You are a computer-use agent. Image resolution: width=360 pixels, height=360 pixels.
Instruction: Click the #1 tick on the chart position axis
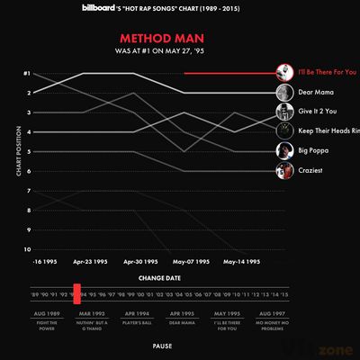coord(28,73)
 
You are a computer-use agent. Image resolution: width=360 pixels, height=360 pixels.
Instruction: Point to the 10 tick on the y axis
coord(28,249)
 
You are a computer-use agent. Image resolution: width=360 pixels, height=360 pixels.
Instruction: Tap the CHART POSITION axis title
coord(17,161)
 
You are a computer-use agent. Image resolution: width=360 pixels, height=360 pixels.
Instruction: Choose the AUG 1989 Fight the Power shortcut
coord(46,321)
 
